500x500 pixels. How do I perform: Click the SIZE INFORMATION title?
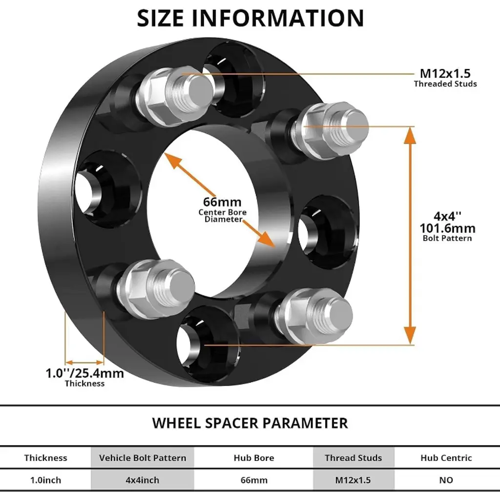coord(250,18)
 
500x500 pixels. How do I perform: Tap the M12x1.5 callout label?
coord(445,74)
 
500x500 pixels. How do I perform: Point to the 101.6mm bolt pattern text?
coord(447,228)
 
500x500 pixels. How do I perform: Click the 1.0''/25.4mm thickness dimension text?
coord(84,374)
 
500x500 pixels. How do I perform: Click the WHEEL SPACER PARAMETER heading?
coord(250,423)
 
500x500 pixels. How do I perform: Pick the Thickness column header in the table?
coord(45,458)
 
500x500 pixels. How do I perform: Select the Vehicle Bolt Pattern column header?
coord(143,458)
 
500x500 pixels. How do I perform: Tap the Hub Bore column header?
coord(254,458)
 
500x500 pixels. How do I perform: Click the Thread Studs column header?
coord(354,458)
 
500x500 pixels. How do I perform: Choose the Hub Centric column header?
coord(446,458)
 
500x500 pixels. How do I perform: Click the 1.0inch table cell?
coord(45,480)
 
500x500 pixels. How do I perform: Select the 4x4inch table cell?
coord(143,480)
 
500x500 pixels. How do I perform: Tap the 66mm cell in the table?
coord(254,480)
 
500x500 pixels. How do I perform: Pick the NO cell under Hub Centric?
coord(446,480)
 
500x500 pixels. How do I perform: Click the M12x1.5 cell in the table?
coord(354,480)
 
